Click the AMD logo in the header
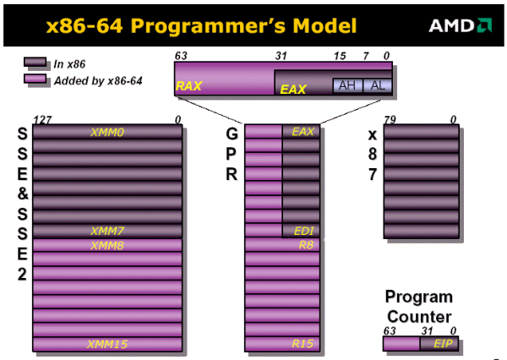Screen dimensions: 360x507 click(x=461, y=25)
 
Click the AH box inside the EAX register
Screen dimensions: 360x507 click(x=346, y=85)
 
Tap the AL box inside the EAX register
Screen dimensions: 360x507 click(x=376, y=85)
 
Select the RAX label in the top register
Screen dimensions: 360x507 click(x=187, y=86)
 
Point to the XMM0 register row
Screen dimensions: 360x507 click(x=107, y=132)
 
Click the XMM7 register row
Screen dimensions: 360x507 click(x=107, y=231)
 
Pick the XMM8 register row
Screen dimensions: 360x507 click(x=107, y=245)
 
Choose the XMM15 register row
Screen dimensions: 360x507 click(x=107, y=344)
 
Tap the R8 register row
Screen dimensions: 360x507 click(x=282, y=245)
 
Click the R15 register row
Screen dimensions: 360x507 click(x=282, y=344)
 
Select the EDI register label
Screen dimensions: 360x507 click(x=302, y=231)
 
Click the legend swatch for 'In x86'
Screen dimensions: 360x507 click(x=35, y=63)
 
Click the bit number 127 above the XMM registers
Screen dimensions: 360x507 click(x=40, y=120)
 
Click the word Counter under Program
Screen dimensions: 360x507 click(x=419, y=316)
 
